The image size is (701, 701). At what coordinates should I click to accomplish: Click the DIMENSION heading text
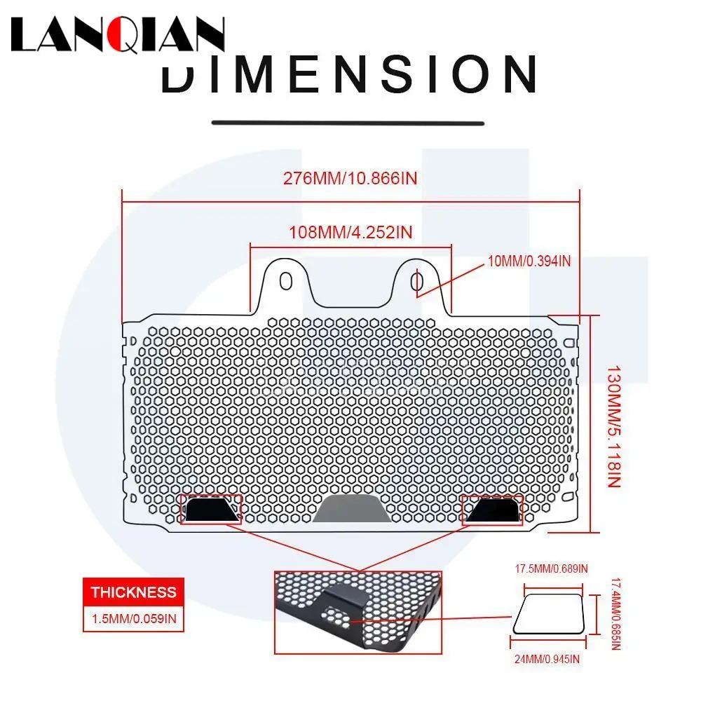[x=348, y=74]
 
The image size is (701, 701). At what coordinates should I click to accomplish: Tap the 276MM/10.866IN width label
[x=350, y=177]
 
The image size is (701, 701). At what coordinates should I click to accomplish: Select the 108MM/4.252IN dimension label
[x=350, y=232]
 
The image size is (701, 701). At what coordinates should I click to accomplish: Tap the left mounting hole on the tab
[x=285, y=281]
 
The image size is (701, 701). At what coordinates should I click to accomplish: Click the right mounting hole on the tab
[x=416, y=281]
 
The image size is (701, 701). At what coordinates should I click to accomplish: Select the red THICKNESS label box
[x=133, y=592]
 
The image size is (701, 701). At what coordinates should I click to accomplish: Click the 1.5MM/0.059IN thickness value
[x=133, y=619]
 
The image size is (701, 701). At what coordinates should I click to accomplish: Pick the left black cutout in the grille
[x=210, y=509]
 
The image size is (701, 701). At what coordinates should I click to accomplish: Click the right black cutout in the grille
[x=494, y=509]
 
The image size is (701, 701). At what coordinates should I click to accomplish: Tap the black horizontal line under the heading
[x=348, y=123]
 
